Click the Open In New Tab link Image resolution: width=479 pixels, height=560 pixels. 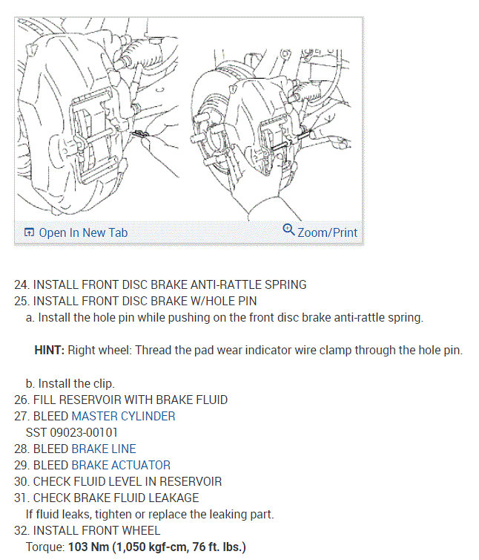[83, 232]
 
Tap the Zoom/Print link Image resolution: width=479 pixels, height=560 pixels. [327, 232]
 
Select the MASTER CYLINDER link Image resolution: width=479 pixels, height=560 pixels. [123, 416]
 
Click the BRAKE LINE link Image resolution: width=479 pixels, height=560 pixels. [103, 449]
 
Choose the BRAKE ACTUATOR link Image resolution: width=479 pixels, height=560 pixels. [121, 465]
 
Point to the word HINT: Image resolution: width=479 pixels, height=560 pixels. [50, 350]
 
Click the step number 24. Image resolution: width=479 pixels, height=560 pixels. [21, 284]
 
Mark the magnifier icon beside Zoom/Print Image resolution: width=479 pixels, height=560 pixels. [288, 230]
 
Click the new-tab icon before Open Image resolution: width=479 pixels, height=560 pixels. [29, 233]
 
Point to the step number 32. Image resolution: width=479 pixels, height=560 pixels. [21, 530]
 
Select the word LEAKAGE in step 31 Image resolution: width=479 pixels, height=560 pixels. [174, 498]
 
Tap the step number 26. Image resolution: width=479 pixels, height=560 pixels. [21, 400]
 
